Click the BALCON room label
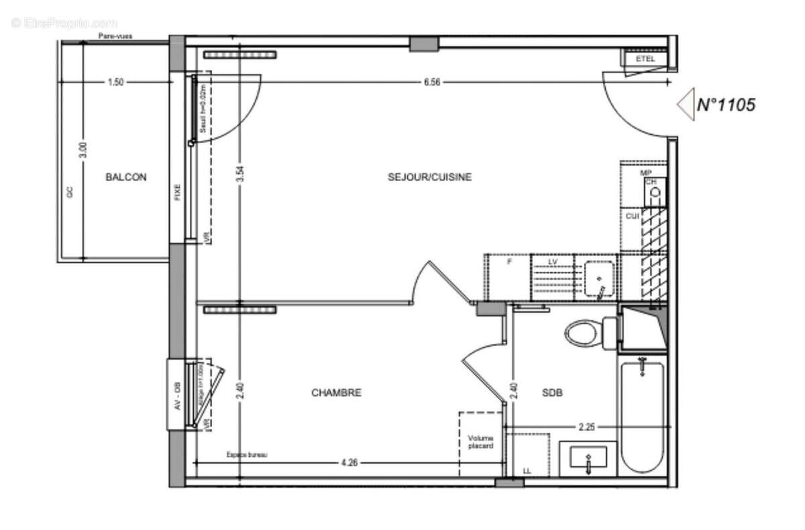pyautogui.click(x=125, y=177)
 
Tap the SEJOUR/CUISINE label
pyautogui.click(x=429, y=177)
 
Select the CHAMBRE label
pyautogui.click(x=336, y=392)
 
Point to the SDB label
pyautogui.click(x=551, y=392)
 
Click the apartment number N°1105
pyautogui.click(x=726, y=105)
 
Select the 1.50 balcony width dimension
pyautogui.click(x=115, y=82)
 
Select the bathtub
pyautogui.click(x=643, y=416)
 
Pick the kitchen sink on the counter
pyautogui.click(x=598, y=278)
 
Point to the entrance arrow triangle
pyautogui.click(x=685, y=105)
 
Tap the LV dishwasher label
pyautogui.click(x=553, y=261)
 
